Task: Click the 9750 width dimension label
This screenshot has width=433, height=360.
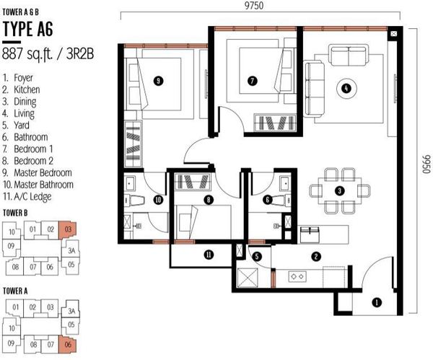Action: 254,6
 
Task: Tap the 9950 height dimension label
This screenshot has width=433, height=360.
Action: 427,164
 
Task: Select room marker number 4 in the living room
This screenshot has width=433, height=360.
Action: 346,88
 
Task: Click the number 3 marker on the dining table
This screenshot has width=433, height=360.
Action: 339,190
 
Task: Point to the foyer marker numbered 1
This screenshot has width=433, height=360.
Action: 377,302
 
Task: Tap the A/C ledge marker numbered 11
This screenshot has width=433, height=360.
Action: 209,255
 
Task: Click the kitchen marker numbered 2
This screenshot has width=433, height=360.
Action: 316,257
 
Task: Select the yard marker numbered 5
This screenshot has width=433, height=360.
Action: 257,256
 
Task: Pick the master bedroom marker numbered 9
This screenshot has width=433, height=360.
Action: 158,81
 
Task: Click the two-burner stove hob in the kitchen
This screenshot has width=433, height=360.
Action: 297,276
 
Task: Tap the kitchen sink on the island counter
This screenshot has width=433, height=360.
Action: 310,234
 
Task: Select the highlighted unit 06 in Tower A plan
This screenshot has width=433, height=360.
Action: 68,344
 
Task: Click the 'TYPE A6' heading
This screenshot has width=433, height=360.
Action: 27,29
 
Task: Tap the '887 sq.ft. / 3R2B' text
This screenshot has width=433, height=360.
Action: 48,53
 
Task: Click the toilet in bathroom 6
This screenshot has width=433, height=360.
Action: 279,200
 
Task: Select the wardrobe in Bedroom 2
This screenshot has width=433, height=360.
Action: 193,182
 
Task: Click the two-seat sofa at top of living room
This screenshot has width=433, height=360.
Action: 349,56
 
